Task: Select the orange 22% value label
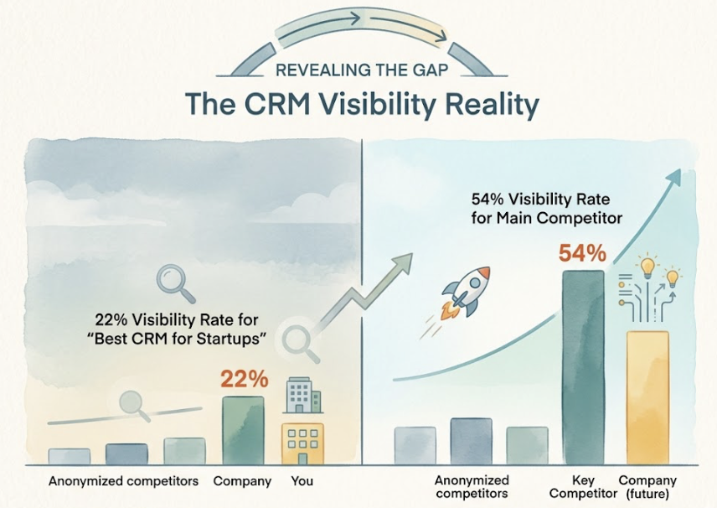244,379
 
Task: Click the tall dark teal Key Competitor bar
582,367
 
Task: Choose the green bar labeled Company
243,430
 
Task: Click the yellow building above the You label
302,443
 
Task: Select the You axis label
302,481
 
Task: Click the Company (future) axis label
647,486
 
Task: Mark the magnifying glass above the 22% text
175,283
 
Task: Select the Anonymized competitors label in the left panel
123,481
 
